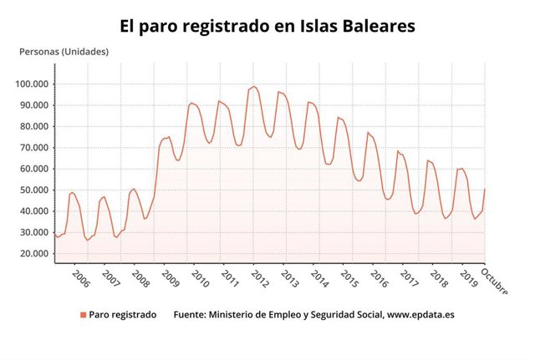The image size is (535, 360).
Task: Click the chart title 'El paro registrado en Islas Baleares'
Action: click(x=267, y=27)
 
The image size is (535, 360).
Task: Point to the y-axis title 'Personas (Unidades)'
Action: click(x=64, y=51)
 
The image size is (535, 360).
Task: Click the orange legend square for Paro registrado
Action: click(x=83, y=315)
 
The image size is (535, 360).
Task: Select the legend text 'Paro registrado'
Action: click(x=122, y=315)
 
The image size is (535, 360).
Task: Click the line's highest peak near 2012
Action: click(x=253, y=86)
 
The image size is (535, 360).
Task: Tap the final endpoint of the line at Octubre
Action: click(x=485, y=190)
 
